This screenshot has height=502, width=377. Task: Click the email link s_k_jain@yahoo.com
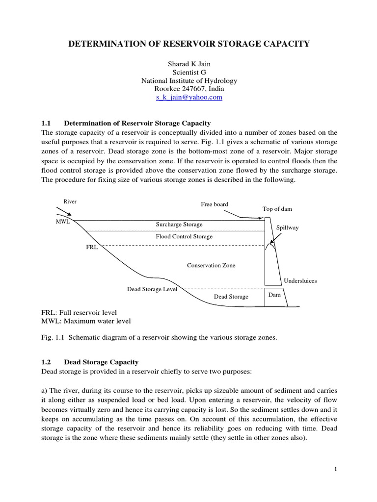tap(189, 98)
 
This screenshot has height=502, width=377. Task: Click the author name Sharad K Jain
tap(189, 63)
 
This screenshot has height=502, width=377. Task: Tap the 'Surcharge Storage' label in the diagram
tap(179, 225)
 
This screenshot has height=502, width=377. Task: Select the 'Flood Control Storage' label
tap(184, 237)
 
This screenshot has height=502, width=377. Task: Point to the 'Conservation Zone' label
tap(211, 266)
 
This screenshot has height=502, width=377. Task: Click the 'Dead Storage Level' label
tap(152, 289)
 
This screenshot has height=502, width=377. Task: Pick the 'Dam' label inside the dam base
tap(274, 295)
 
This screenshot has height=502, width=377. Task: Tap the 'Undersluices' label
tap(300, 281)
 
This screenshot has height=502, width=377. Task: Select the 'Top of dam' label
tap(277, 209)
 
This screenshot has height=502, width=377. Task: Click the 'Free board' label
tap(215, 204)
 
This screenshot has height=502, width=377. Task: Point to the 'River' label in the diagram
tap(70, 201)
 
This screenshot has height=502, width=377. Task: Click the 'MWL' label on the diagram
tap(63, 222)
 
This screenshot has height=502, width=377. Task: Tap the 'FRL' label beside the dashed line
tap(92, 248)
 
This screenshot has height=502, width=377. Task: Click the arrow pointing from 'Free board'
tap(241, 214)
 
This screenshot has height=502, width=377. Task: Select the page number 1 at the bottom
tap(335, 470)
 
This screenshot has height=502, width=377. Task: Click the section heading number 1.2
tap(47, 362)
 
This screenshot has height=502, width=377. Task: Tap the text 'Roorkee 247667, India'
tap(189, 89)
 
